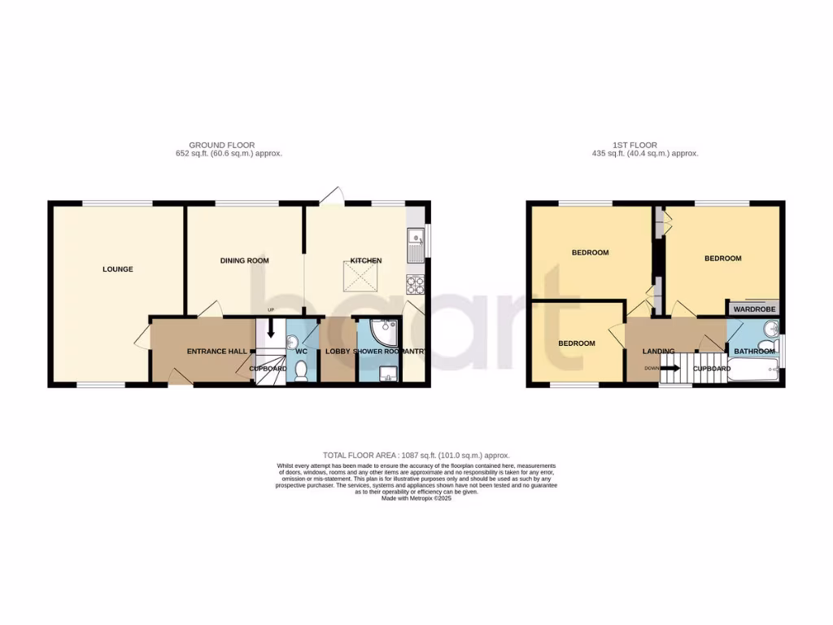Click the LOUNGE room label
pyautogui.click(x=117, y=269)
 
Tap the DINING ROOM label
pyautogui.click(x=244, y=260)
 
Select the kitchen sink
pyautogui.click(x=416, y=241)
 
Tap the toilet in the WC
pyautogui.click(x=301, y=371)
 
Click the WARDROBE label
pyautogui.click(x=752, y=309)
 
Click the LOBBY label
pyautogui.click(x=338, y=352)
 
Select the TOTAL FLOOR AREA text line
pyautogui.click(x=416, y=455)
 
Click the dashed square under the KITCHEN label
pyautogui.click(x=364, y=282)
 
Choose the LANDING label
pyautogui.click(x=658, y=352)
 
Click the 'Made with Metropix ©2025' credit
pyautogui.click(x=416, y=498)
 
